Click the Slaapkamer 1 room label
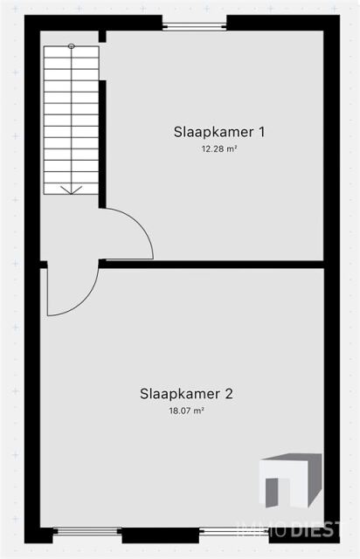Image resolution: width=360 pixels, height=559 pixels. point(219,132)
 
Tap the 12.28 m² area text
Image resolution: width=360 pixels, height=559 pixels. point(219,149)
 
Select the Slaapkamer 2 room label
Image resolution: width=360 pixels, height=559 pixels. point(186,394)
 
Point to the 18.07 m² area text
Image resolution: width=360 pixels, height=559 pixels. point(186,411)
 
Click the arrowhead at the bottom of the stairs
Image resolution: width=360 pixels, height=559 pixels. point(72,190)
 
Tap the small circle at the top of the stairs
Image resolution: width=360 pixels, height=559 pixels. point(72,46)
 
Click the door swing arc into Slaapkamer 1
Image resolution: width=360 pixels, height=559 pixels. point(140,224)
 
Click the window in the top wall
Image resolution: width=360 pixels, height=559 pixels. point(195,25)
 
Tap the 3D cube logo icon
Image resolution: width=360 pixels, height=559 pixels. point(290,480)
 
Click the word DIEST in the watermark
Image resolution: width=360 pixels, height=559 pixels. point(315,530)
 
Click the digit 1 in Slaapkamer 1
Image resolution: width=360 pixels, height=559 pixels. point(262,132)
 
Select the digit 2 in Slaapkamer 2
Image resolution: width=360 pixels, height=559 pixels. point(229,394)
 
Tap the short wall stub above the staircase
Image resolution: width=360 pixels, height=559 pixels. point(102,37)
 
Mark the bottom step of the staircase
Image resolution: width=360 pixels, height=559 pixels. point(72,189)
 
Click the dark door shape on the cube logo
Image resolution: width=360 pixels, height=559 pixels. point(272,493)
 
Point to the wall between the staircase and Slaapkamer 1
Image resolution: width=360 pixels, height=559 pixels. point(102,144)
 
